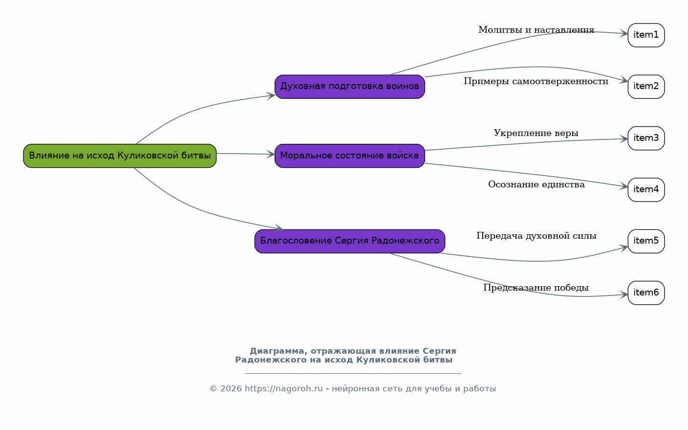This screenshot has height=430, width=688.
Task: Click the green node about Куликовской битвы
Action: click(120, 156)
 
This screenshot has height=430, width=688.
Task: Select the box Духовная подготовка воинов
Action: click(350, 87)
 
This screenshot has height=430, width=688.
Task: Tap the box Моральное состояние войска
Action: click(350, 156)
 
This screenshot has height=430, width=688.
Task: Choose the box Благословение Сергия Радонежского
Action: click(350, 242)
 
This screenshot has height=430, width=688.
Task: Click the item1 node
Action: click(646, 35)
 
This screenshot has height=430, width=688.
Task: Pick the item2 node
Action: click(646, 87)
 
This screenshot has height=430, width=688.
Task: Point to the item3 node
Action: click(646, 138)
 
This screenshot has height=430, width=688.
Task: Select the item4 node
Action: click(646, 190)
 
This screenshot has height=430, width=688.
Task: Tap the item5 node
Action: click(646, 242)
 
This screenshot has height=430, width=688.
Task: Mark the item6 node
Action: click(646, 293)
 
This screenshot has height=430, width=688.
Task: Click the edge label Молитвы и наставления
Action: click(536, 30)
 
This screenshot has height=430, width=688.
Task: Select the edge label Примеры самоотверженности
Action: click(536, 82)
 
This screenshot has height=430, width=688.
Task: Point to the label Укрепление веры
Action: click(536, 133)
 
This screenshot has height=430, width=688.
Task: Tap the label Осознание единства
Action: click(536, 184)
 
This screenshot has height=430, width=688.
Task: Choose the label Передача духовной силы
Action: click(536, 236)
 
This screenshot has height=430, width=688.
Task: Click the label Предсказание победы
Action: click(536, 288)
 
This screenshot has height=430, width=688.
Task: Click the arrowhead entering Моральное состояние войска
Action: click(271, 154)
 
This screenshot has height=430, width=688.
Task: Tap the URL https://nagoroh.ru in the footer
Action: click(284, 389)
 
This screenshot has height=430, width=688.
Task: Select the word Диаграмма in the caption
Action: click(277, 351)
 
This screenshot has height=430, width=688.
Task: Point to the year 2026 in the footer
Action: click(231, 389)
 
